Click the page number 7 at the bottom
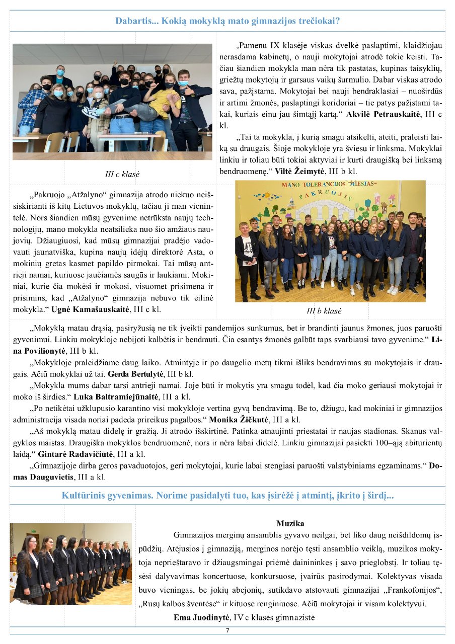(227, 630)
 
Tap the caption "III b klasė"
(324, 310)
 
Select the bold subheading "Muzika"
(290, 524)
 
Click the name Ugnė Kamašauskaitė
(96, 308)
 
